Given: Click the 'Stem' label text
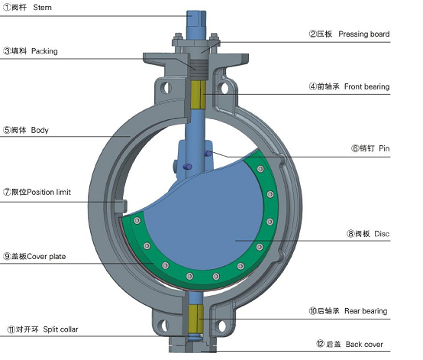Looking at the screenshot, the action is (x=42, y=8).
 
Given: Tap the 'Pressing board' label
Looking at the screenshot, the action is (x=364, y=34).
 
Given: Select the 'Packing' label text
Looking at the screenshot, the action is (x=44, y=51).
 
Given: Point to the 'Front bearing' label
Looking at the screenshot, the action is (x=367, y=86).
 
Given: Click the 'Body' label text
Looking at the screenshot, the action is (x=40, y=130).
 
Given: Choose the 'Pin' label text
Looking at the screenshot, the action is (x=384, y=148).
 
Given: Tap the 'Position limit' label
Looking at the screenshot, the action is (x=49, y=192).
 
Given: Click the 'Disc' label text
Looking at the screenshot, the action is (x=382, y=234).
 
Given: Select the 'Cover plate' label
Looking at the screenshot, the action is (x=47, y=256).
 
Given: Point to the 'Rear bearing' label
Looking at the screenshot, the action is (x=366, y=311).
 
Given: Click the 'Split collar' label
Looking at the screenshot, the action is (x=60, y=329).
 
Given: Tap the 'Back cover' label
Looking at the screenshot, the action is (x=364, y=345).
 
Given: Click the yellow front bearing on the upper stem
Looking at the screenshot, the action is (x=199, y=95).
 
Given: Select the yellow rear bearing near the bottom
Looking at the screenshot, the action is (x=196, y=319).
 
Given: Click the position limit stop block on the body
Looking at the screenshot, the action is (x=121, y=206).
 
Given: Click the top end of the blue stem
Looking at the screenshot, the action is (x=196, y=11).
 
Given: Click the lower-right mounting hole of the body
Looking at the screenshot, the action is (x=221, y=326).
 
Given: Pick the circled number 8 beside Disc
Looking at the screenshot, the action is (x=350, y=234).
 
